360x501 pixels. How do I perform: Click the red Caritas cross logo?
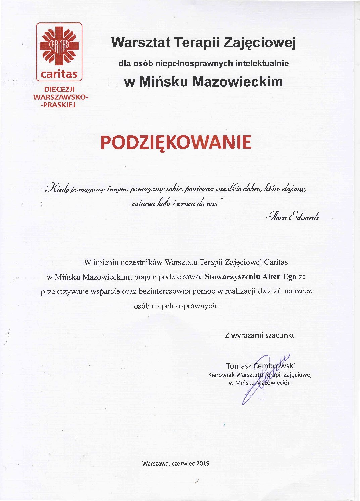pyautogui.click(x=59, y=47)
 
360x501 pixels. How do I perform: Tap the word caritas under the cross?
pyautogui.click(x=59, y=74)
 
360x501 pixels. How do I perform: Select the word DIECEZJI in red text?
pyautogui.click(x=59, y=89)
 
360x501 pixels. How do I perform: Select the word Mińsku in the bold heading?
pyautogui.click(x=163, y=82)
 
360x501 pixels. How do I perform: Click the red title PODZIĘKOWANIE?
pyautogui.click(x=176, y=142)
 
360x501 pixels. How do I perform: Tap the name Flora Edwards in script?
pyautogui.click(x=292, y=217)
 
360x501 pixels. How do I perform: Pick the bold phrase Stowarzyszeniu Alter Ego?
pyautogui.click(x=251, y=277)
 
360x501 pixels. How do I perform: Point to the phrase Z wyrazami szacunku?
pyautogui.click(x=260, y=335)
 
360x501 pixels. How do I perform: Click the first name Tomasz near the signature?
pyautogui.click(x=239, y=366)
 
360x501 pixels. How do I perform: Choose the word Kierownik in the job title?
pyautogui.click(x=221, y=375)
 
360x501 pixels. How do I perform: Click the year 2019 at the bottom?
pyautogui.click(x=203, y=463)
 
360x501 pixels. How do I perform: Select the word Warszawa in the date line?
pyautogui.click(x=156, y=463)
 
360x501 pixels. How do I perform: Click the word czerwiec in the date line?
pyautogui.click(x=183, y=463)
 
